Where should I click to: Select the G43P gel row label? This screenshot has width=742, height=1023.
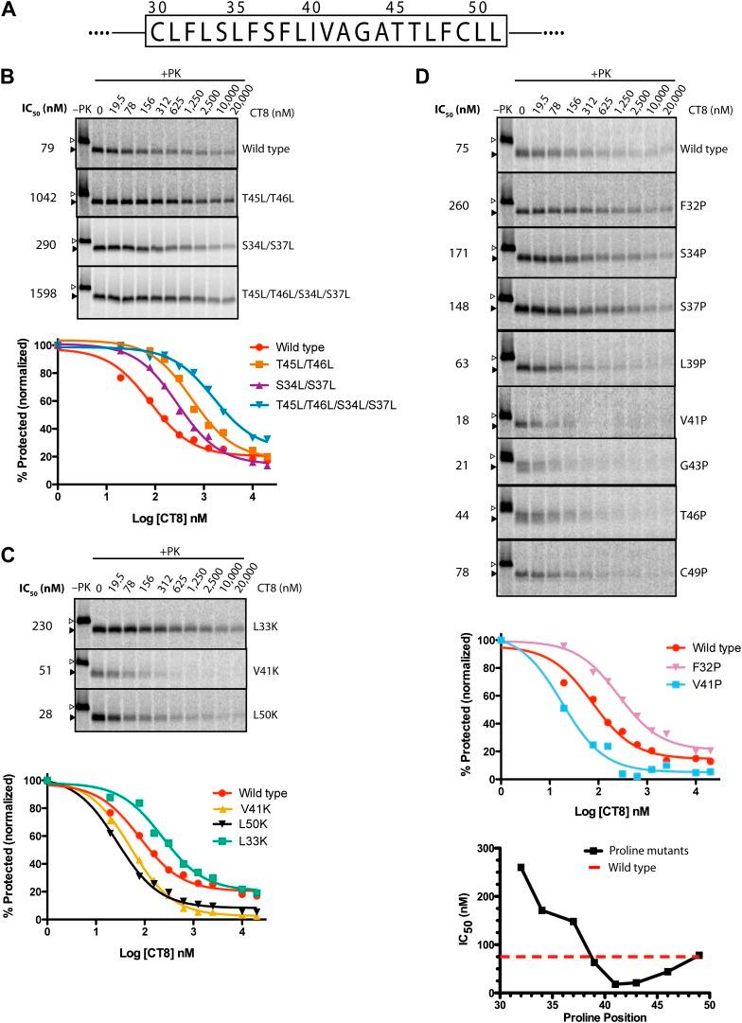(x=696, y=461)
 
